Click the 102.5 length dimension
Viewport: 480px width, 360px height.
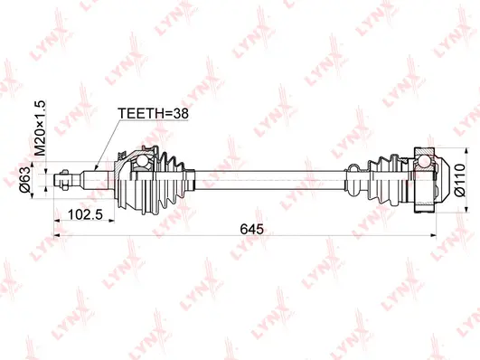pos(83,215)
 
